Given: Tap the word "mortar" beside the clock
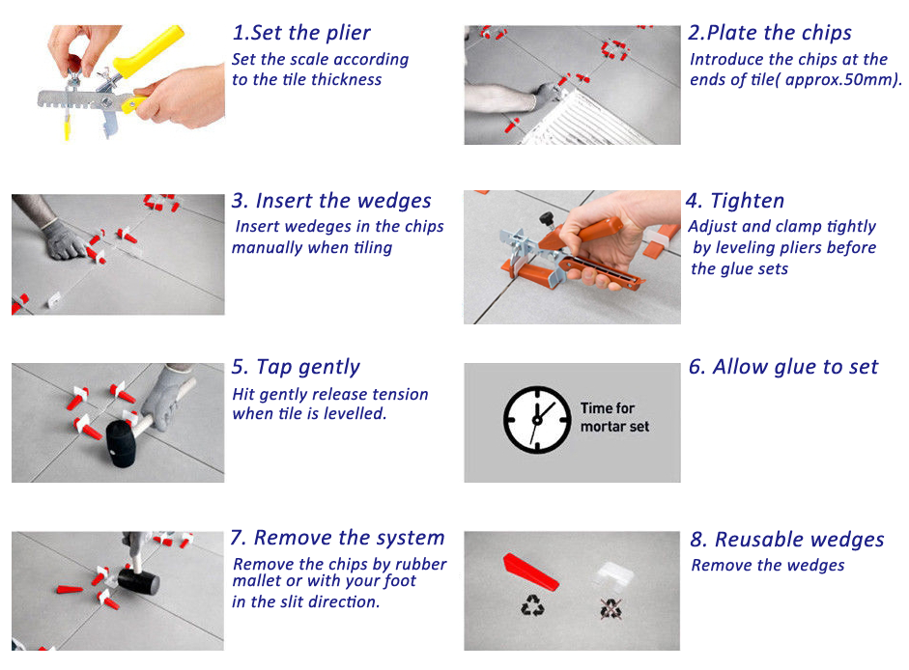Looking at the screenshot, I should point(602,427).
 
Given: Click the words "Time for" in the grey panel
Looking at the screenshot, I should point(608,408).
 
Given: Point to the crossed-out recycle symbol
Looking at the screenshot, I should point(609,607).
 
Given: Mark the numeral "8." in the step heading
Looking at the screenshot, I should point(697,540).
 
